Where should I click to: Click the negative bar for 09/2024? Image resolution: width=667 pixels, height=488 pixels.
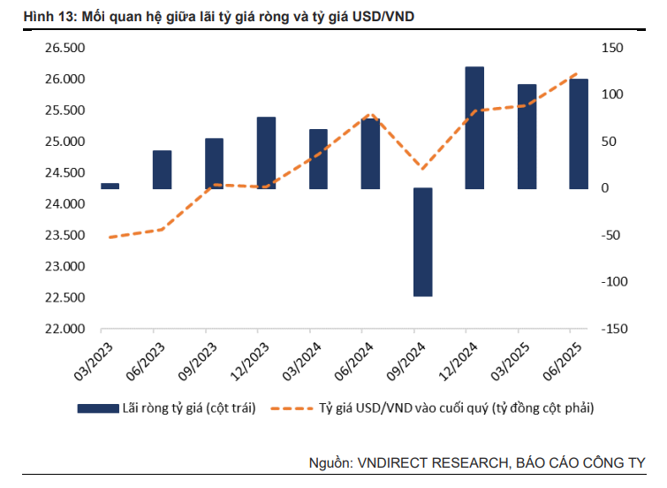click(422, 241)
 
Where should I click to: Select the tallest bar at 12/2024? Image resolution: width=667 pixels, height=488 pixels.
click(474, 127)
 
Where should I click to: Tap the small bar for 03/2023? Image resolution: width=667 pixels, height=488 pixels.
click(110, 186)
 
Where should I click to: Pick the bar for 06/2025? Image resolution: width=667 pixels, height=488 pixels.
click(579, 133)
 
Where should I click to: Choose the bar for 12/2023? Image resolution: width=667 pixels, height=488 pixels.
click(266, 153)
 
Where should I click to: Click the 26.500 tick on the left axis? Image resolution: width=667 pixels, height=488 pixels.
click(64, 48)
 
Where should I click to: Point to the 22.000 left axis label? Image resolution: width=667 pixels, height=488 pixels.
click(64, 329)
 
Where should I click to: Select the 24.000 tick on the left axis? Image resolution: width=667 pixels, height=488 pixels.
click(64, 204)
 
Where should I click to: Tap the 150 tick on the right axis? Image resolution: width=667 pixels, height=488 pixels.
click(612, 48)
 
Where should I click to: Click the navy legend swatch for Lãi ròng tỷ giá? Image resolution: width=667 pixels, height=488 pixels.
click(97, 408)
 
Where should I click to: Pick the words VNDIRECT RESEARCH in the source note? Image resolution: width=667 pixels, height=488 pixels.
click(432, 463)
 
